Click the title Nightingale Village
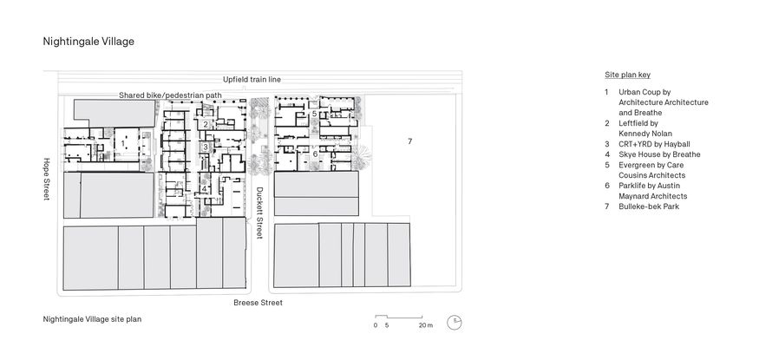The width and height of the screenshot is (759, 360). pos(88,41)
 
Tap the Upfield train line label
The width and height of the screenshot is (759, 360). pos(252,79)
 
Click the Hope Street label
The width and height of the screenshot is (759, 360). pos(47,180)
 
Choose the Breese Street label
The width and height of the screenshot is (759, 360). pos(258,303)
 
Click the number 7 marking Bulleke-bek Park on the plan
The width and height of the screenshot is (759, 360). pos(409,141)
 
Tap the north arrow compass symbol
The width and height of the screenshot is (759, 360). pos(455,323)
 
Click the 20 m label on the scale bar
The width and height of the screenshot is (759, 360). pos(425,326)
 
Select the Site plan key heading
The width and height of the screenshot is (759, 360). pos(626,75)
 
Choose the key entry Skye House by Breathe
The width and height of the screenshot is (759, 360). pos(658,154)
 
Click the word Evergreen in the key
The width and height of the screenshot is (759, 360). pos(636,165)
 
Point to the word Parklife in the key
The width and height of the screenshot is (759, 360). pos(632,186)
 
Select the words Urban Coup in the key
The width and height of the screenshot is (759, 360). pos(639,91)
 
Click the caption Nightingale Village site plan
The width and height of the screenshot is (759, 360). pos(92,318)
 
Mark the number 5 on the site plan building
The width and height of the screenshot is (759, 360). pos(314,114)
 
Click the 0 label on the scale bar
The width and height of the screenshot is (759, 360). pos(376,326)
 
